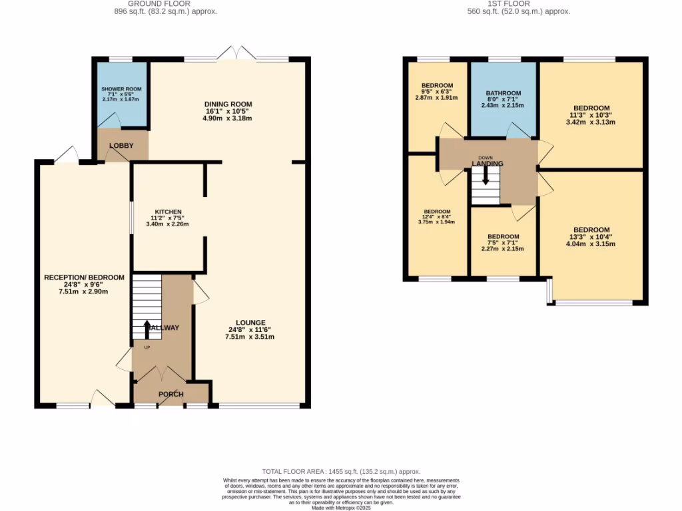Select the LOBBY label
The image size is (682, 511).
tap(121, 146)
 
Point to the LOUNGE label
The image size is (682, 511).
tap(250, 322)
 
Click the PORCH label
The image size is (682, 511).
tap(170, 394)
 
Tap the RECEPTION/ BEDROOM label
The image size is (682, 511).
tap(84, 277)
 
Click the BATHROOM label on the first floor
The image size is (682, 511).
tap(504, 94)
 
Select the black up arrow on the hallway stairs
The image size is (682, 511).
tap(147, 328)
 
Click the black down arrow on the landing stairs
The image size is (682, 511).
tap(486, 174)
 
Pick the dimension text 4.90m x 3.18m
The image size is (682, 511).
tap(228, 118)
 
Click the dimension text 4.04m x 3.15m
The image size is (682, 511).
tap(591, 244)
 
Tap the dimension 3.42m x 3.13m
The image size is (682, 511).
tap(591, 122)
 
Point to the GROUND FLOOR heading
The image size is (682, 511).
tap(165, 3)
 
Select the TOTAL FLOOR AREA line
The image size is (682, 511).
tap(341, 471)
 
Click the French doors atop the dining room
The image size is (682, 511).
tap(238, 53)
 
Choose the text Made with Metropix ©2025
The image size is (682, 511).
tap(341, 507)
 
